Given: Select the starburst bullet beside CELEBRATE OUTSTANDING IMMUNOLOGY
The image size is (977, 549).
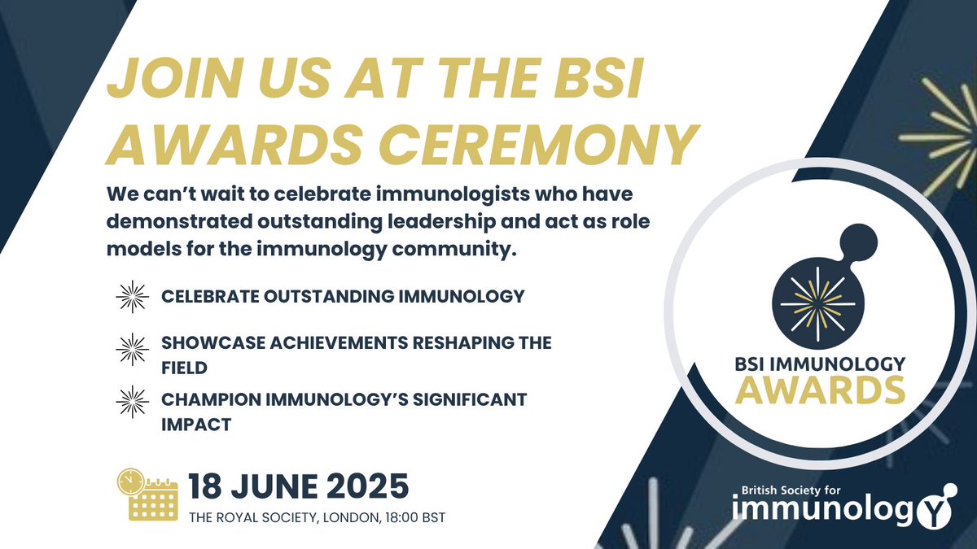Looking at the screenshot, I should tap(133, 297).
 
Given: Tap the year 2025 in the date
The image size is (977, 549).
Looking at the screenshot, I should tap(362, 487).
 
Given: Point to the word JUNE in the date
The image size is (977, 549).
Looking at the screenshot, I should tap(271, 487).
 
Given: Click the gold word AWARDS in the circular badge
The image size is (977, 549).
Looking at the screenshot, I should tap(821, 390).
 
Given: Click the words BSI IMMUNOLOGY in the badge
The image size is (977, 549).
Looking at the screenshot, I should tap(820, 363).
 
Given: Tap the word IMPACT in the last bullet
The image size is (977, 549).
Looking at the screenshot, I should tap(195, 425).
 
